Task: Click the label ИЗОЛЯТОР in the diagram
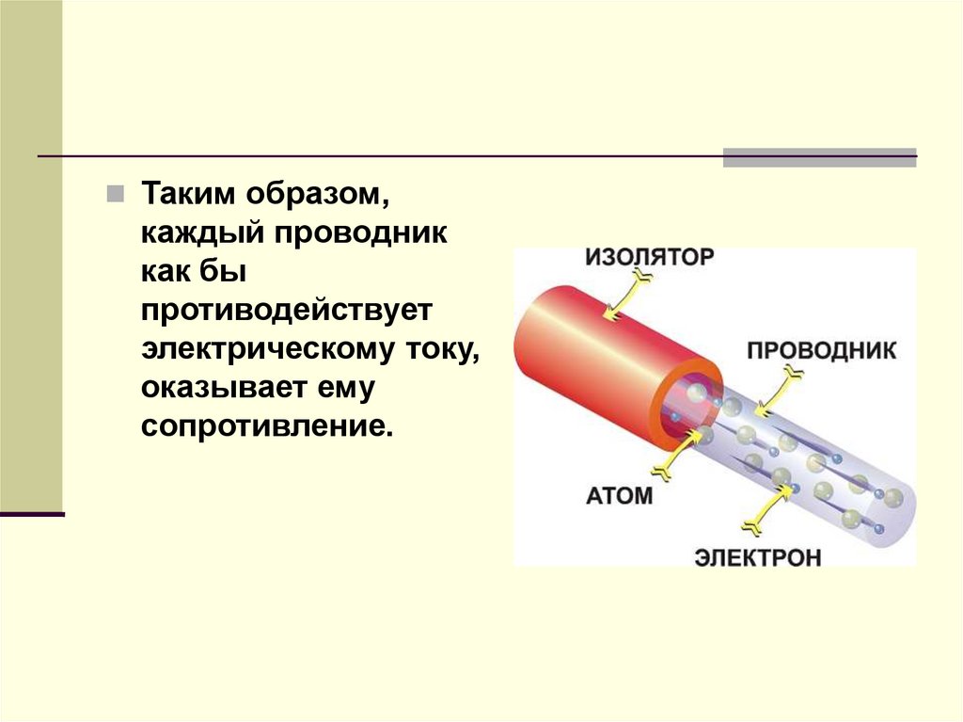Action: click(650, 256)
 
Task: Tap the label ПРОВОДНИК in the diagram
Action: click(821, 351)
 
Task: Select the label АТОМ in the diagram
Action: click(619, 495)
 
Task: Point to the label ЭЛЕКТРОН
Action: click(758, 557)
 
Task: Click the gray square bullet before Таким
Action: click(115, 194)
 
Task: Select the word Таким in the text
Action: click(188, 194)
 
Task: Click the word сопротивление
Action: click(265, 425)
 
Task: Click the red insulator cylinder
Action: click(602, 358)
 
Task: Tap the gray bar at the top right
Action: click(819, 158)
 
